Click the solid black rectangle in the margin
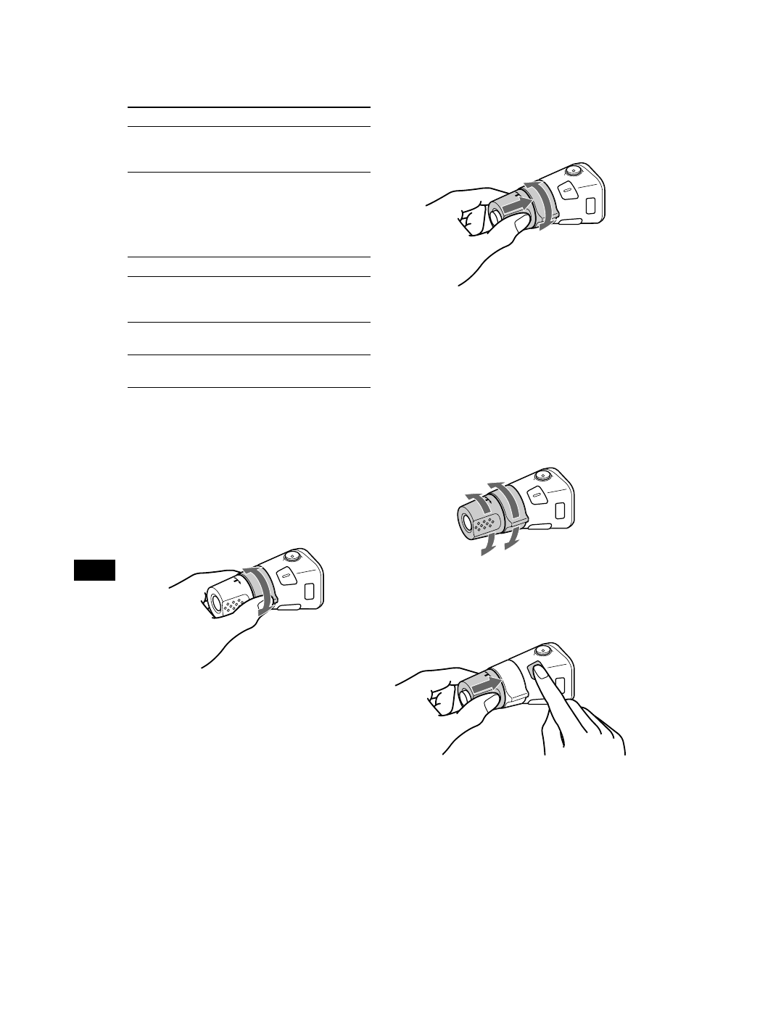point(95,570)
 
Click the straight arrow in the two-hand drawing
point(484,683)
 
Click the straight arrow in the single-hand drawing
point(518,206)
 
